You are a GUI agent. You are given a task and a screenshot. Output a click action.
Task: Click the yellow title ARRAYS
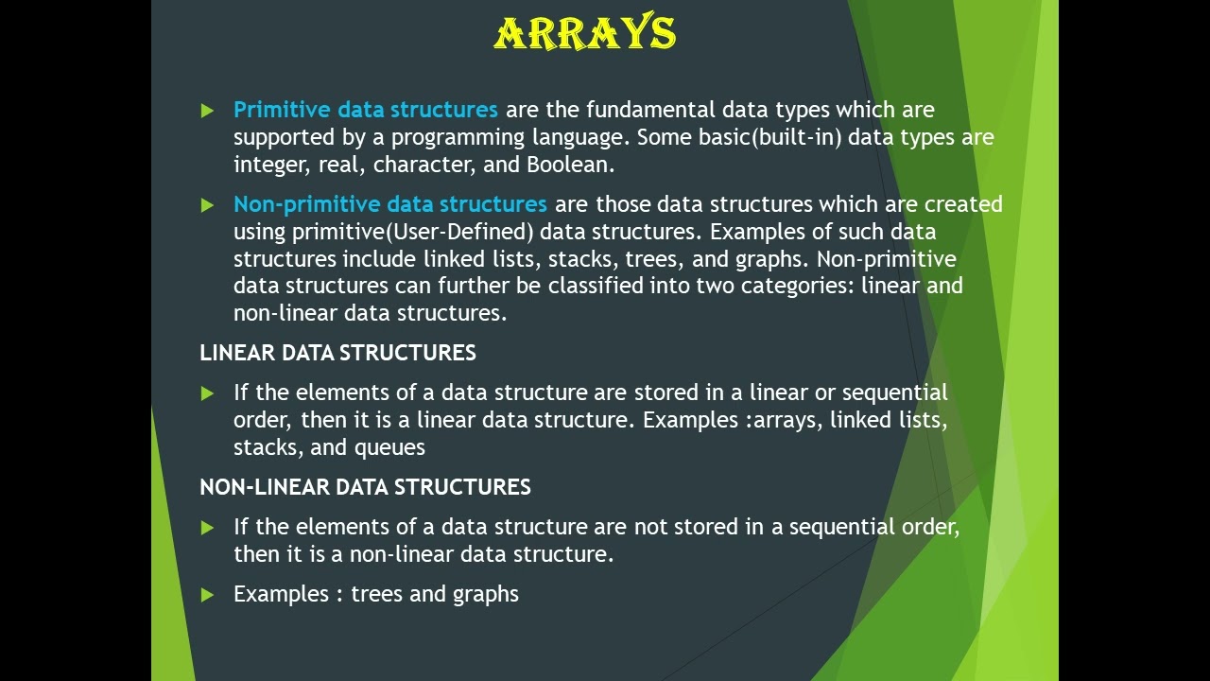[x=585, y=33]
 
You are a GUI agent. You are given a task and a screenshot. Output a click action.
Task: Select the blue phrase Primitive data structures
[x=365, y=110]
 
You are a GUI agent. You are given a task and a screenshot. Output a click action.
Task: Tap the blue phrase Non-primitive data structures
[x=389, y=204]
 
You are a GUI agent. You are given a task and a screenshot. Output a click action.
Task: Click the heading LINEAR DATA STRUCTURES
[x=337, y=353]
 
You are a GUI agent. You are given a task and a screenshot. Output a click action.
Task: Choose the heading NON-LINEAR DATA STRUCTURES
[x=365, y=487]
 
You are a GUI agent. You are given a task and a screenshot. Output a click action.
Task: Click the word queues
[x=389, y=447]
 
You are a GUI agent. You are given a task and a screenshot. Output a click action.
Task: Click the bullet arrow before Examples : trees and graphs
[x=207, y=595]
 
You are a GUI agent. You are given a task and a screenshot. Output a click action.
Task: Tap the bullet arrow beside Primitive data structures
[x=207, y=111]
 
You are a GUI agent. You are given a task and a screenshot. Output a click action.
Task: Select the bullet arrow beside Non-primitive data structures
[x=207, y=205]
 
